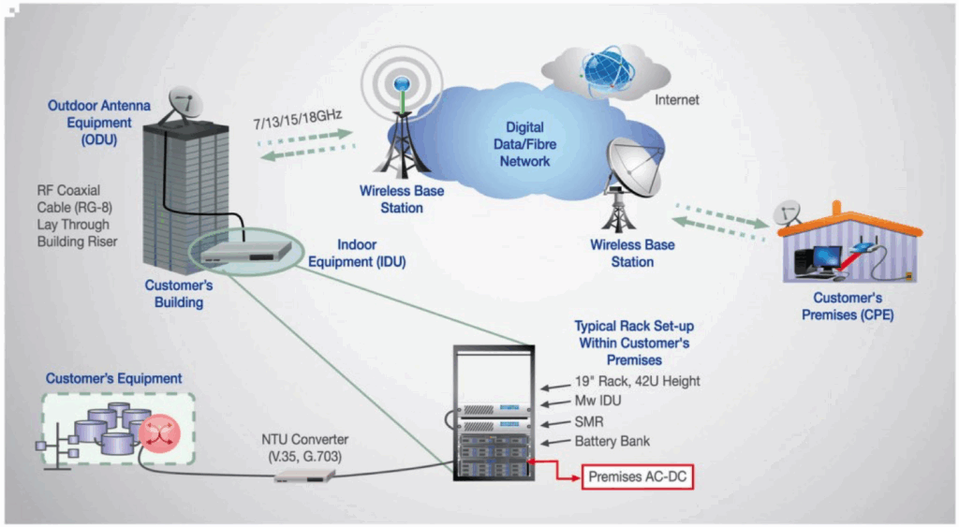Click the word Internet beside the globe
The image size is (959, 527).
click(x=676, y=99)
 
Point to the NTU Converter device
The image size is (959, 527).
click(x=304, y=475)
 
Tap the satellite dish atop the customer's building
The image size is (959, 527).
click(x=185, y=103)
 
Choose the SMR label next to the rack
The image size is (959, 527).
click(x=590, y=421)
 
